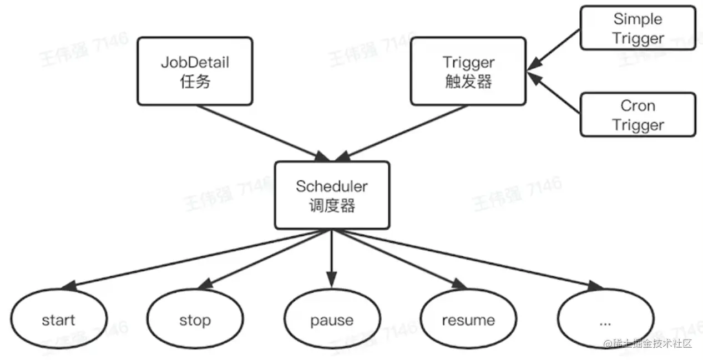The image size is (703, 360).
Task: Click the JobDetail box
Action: coord(195,70)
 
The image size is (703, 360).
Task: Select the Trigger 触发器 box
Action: coord(468,70)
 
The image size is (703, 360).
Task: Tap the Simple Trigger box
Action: coord(638,28)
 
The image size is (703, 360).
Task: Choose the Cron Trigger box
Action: coord(638,114)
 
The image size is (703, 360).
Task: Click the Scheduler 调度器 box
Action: coord(332,195)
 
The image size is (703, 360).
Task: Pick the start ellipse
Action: coord(58,320)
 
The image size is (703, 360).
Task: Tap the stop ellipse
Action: coord(195,320)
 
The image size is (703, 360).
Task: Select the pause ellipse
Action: coord(332,320)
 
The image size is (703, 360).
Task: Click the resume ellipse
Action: coord(468,320)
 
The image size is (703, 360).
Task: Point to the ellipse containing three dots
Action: coord(605,320)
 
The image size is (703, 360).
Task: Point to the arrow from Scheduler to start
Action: coord(194,258)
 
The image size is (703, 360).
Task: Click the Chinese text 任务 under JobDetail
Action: coord(195,82)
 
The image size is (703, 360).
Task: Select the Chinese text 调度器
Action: coord(332,206)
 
